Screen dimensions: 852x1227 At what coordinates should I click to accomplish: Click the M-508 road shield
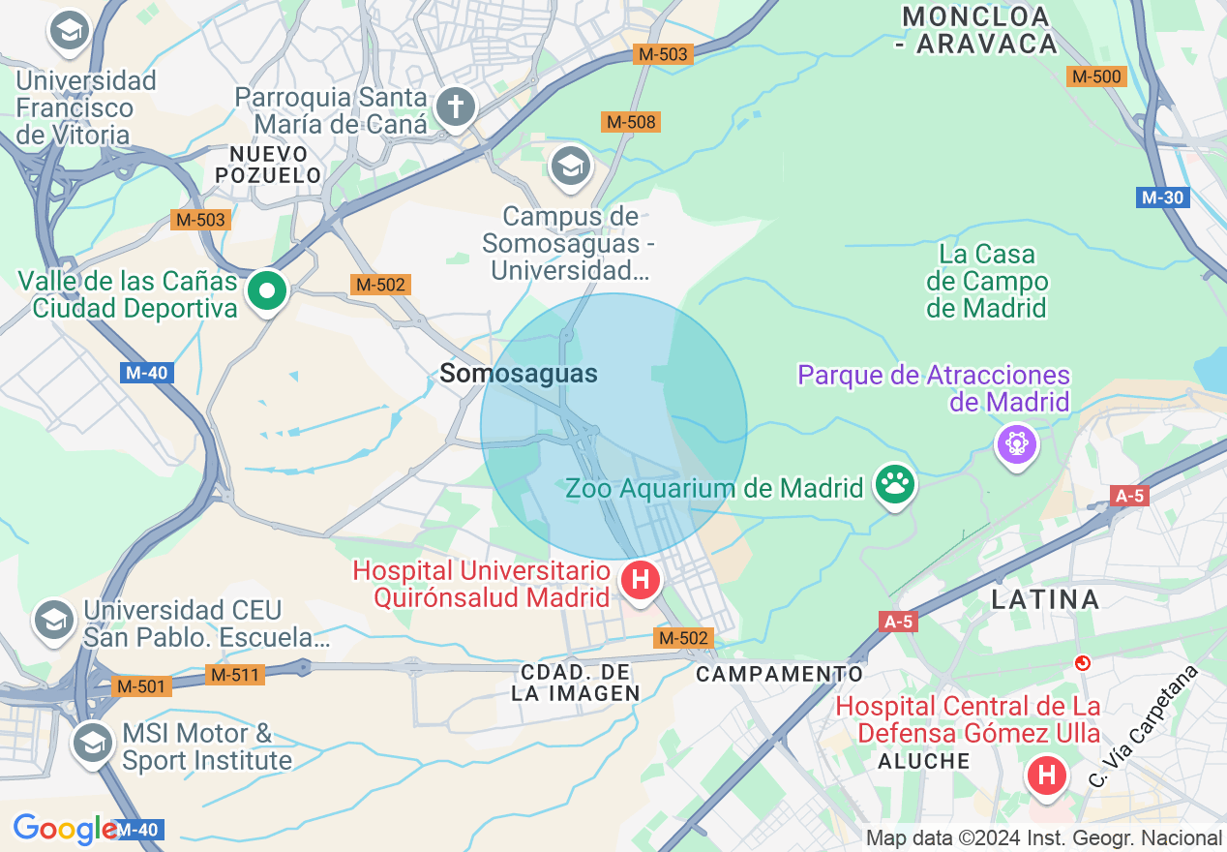tap(630, 122)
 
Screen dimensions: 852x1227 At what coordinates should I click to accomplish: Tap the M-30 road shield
tap(1161, 198)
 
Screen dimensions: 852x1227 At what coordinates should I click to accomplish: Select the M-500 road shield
tap(1096, 76)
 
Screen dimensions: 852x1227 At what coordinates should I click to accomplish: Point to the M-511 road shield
tap(235, 674)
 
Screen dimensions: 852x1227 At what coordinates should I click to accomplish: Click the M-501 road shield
tap(141, 686)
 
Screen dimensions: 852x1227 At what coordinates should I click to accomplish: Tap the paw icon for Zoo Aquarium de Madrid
tap(894, 486)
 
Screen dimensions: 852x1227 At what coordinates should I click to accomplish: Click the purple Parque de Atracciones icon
tap(1017, 443)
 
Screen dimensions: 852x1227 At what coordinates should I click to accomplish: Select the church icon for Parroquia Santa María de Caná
tap(455, 106)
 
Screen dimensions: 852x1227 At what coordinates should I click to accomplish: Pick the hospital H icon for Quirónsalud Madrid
tap(640, 581)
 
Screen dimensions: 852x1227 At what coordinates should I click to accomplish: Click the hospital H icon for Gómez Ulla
tap(1046, 776)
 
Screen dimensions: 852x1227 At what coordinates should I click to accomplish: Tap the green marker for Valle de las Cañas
tap(266, 290)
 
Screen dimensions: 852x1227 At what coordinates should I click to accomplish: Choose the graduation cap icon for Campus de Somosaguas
tap(571, 167)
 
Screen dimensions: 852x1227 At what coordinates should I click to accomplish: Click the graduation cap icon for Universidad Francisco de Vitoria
tap(69, 32)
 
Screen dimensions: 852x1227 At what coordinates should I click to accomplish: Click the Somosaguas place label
tap(519, 374)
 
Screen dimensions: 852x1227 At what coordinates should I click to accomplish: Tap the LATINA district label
tap(1045, 599)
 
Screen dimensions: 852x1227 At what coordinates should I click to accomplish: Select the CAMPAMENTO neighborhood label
tap(779, 673)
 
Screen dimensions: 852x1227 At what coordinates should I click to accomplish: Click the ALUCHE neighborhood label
tap(924, 761)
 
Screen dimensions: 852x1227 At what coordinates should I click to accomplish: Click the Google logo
tap(65, 829)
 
